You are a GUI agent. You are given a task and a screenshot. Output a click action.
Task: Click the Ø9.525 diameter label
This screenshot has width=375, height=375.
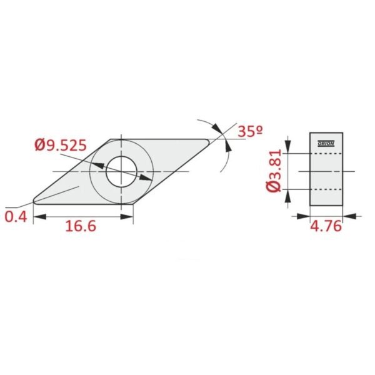click(x=61, y=145)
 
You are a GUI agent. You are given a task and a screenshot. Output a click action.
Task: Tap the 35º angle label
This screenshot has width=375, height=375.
click(x=251, y=131)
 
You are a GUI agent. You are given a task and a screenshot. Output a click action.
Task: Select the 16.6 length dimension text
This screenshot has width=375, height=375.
click(x=81, y=226)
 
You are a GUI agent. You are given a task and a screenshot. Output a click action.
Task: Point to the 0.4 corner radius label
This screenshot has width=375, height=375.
click(x=16, y=217)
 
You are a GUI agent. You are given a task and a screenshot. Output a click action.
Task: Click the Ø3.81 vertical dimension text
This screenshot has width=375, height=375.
click(x=273, y=171)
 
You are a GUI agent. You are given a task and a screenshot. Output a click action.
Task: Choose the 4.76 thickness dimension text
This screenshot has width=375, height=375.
click(x=326, y=226)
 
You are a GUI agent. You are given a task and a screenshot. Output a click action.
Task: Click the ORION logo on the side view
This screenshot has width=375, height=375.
click(x=326, y=144)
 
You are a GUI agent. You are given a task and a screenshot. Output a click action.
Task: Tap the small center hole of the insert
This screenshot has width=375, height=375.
click(x=121, y=172)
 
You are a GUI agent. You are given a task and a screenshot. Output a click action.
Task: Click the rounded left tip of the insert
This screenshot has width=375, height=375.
click(x=35, y=201)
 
